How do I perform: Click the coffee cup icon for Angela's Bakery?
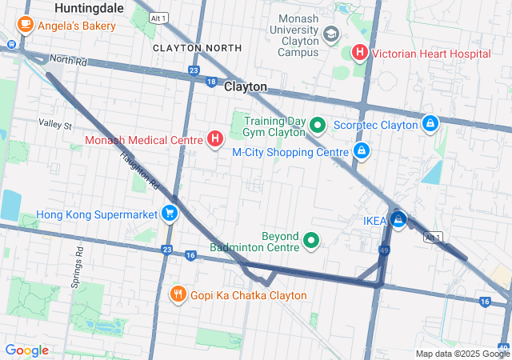[x=25, y=25]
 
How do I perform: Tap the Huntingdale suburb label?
[x=89, y=7]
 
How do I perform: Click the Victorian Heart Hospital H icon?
[x=360, y=54]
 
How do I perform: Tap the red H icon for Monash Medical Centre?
[x=215, y=140]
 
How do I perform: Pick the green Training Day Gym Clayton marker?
[x=317, y=125]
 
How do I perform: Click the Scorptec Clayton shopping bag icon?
[x=430, y=125]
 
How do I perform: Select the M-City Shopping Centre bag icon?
[x=362, y=151]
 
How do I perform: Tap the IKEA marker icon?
[x=398, y=219]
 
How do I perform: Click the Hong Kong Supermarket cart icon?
[x=170, y=214]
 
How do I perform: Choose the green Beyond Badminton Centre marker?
[x=311, y=239]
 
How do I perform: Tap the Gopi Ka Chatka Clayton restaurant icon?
[x=178, y=295]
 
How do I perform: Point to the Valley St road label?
[x=55, y=125]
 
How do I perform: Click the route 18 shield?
[x=211, y=82]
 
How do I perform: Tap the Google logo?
[x=26, y=350]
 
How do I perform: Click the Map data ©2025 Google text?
[x=462, y=354]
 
